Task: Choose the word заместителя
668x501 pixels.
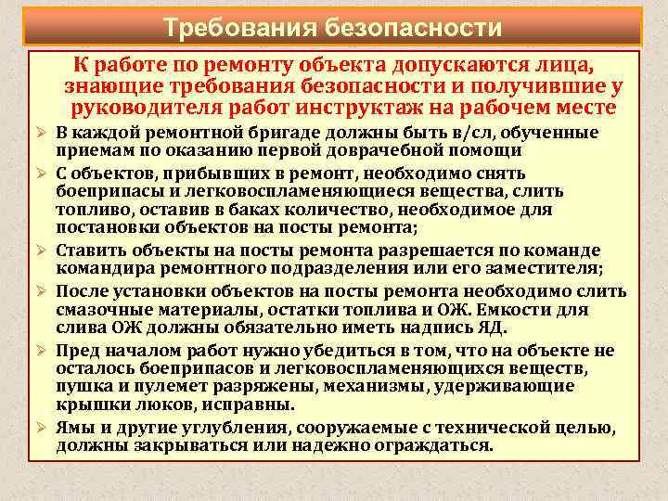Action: (x=544, y=269)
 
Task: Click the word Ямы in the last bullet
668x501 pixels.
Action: (x=73, y=428)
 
